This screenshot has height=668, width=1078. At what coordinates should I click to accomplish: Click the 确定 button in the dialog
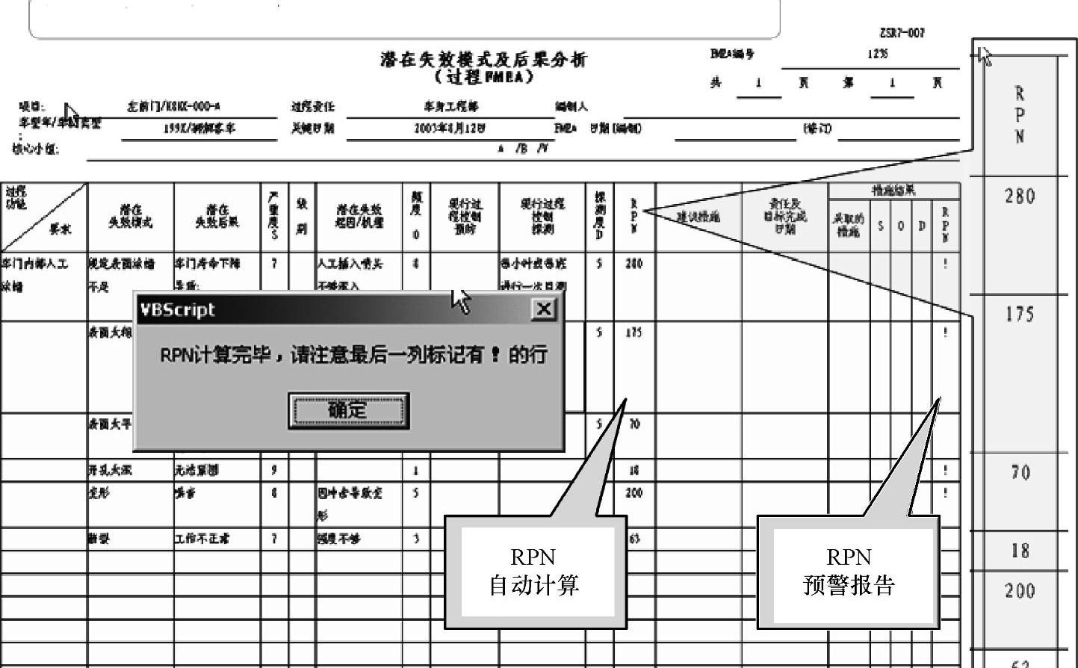pos(348,410)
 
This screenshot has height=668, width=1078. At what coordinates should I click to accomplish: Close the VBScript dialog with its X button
pos(544,309)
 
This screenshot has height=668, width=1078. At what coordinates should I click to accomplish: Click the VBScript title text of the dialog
pos(177,309)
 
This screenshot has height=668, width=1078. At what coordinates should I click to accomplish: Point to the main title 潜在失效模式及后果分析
pos(483,60)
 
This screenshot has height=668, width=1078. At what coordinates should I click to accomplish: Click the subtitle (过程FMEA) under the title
pos(484,77)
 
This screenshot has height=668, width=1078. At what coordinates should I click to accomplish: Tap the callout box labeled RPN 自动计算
pos(534,572)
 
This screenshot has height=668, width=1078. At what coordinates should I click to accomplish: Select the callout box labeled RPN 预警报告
pos(849,572)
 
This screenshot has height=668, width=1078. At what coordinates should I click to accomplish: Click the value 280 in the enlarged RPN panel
pos(1020,197)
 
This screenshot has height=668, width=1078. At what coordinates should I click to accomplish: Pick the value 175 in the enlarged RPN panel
pos(1020,314)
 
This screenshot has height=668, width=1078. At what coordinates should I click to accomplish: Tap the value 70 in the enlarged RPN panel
pos(1020,472)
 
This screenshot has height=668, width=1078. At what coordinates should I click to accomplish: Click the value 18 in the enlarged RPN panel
pos(1020,551)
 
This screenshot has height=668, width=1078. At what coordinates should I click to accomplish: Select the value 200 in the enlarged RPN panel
pos(1020,591)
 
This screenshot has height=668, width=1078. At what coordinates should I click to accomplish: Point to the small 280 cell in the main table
pos(634,264)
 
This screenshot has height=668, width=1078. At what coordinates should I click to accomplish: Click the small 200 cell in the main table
pos(634,493)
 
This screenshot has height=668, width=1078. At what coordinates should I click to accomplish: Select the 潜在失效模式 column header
pos(131,217)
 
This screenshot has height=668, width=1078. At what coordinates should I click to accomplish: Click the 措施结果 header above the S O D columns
pos(893,191)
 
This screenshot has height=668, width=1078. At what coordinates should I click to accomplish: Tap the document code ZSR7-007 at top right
pos(902,33)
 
